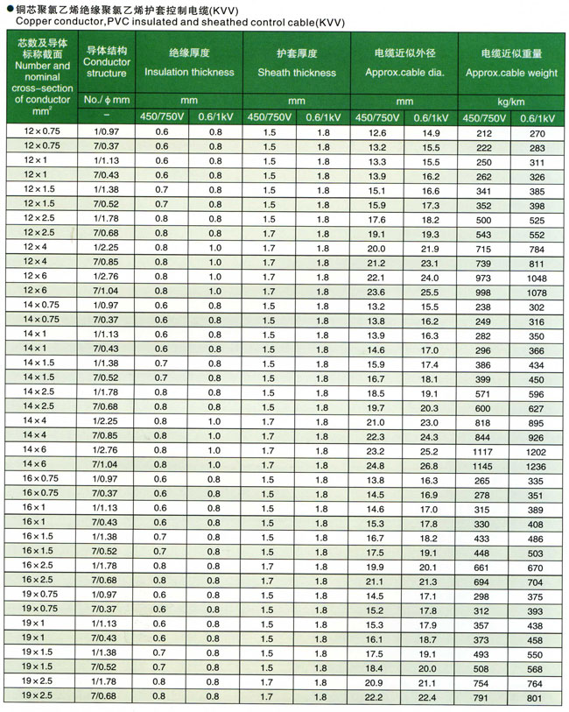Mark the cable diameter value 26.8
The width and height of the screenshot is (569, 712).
429,465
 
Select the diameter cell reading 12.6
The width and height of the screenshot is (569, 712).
376,132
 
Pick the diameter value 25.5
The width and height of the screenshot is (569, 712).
429,292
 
